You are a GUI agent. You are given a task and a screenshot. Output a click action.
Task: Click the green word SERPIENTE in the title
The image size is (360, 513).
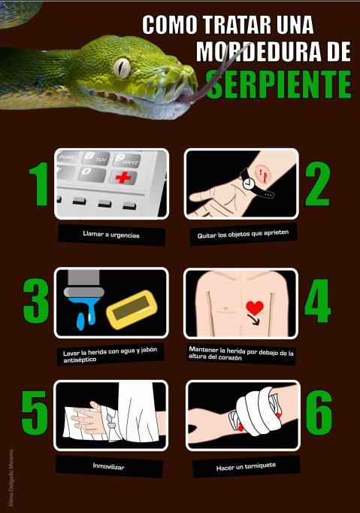[x=279, y=84]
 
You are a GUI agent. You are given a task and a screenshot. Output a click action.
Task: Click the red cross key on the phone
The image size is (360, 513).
[x=121, y=178]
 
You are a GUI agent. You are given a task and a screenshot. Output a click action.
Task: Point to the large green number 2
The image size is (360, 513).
[x=316, y=185]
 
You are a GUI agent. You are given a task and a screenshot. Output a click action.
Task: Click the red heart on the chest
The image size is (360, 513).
[x=256, y=307]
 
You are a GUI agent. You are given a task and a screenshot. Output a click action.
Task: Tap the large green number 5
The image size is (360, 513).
[x=34, y=414]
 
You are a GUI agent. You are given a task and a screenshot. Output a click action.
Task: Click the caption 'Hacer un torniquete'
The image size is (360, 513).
[x=245, y=466]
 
